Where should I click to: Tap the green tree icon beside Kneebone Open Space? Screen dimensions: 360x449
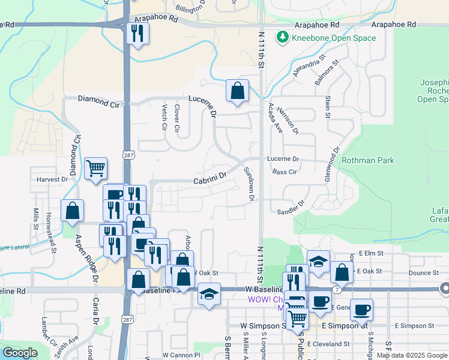pyautogui.click(x=283, y=38)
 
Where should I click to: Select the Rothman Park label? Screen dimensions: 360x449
pyautogui.click(x=367, y=160)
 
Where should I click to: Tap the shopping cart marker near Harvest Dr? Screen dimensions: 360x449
pyautogui.click(x=95, y=169)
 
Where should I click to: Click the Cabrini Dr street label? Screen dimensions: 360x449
pyautogui.click(x=209, y=179)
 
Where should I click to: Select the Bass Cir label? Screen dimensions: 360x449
pyautogui.click(x=285, y=172)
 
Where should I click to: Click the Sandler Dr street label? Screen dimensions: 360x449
pyautogui.click(x=291, y=211)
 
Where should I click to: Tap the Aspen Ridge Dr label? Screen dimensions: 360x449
pyautogui.click(x=85, y=257)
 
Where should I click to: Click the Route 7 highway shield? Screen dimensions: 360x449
pyautogui.click(x=338, y=290)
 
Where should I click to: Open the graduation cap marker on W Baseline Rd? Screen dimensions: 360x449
pyautogui.click(x=209, y=295)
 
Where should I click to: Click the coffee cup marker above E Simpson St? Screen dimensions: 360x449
pyautogui.click(x=361, y=310)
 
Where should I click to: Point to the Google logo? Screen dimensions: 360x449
pyautogui.click(x=20, y=352)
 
